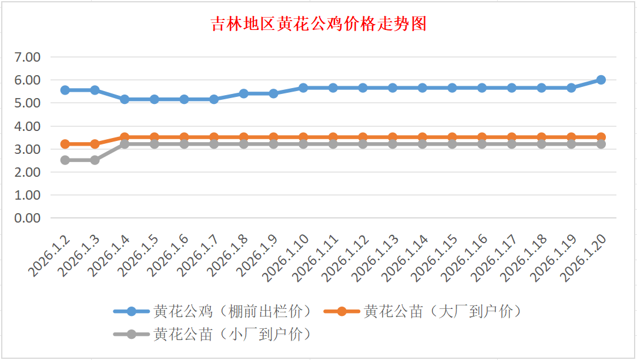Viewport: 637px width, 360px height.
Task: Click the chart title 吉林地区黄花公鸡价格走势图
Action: point(318,24)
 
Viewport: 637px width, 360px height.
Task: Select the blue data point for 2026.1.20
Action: point(601,80)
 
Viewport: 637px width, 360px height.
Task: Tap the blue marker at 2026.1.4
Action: point(125,99)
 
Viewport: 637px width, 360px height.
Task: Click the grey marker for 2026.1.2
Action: point(65,160)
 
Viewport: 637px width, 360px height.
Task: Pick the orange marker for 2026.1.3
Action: point(95,144)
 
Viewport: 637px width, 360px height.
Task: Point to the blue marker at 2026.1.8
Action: point(244,93)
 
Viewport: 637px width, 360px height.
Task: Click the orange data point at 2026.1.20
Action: point(601,137)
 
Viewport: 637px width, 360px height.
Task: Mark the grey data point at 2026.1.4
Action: point(125,144)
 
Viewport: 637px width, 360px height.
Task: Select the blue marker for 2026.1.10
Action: point(303,88)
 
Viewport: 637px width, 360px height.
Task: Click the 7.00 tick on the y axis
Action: point(28,57)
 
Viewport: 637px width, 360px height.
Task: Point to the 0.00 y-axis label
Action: point(28,218)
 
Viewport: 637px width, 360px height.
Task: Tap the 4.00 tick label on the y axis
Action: point(28,126)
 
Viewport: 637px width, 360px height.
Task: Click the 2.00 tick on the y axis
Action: point(28,172)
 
